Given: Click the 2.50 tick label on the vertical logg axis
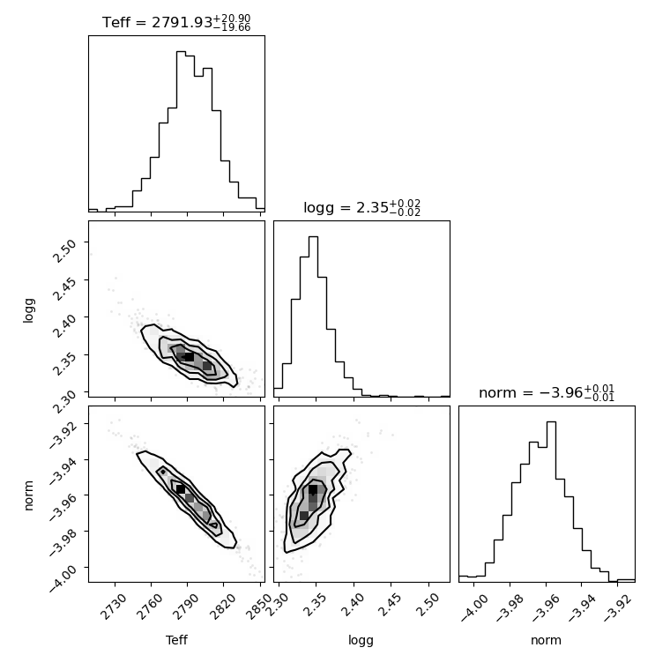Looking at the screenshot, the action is [64, 251].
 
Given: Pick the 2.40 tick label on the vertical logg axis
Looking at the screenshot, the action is [64, 325].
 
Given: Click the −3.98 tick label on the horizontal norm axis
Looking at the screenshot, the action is [509, 607].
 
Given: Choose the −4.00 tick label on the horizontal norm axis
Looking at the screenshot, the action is [473, 607].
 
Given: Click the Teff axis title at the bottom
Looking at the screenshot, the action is [176, 640].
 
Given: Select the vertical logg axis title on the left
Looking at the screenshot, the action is [28, 310].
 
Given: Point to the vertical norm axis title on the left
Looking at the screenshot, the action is [28, 495].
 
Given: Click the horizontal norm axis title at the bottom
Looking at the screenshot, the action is [546, 640].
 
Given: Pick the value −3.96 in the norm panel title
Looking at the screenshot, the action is [561, 392].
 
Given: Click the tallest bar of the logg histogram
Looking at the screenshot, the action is [313, 316].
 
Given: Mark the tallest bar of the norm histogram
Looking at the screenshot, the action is [551, 502].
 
